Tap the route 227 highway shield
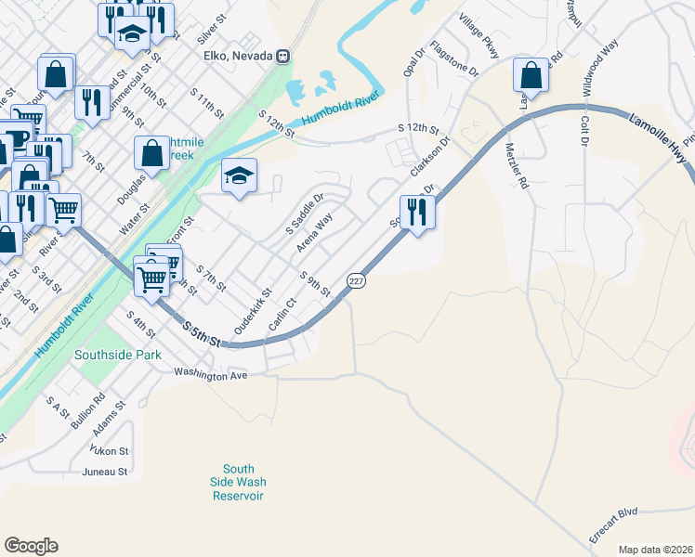point(355,280)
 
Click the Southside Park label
point(118,355)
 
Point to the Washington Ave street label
point(212,376)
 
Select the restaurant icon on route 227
point(417,214)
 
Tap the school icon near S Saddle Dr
point(239,176)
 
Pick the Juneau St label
point(103,472)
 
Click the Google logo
point(31,546)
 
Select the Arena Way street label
point(314,233)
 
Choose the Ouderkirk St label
point(252,312)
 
